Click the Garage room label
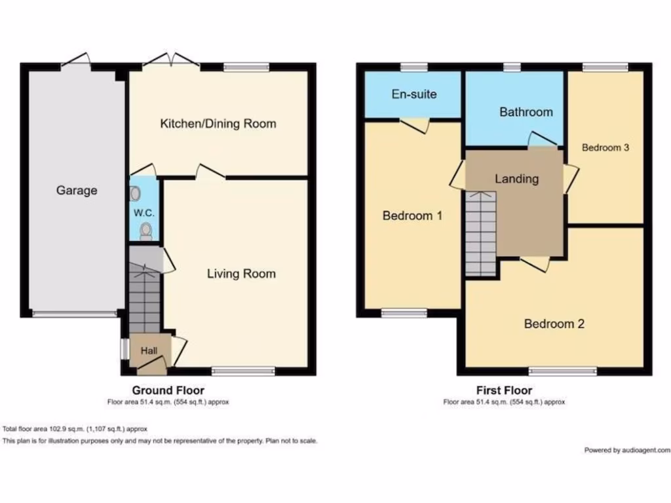click(x=77, y=191)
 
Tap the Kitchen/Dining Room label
click(x=218, y=124)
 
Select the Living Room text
click(x=241, y=274)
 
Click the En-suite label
click(x=414, y=94)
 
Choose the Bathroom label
click(x=526, y=112)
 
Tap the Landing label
click(x=516, y=179)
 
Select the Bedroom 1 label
click(x=413, y=215)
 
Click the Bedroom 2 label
click(x=554, y=324)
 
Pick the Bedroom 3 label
click(x=605, y=148)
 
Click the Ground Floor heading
click(x=168, y=391)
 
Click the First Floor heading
click(x=504, y=391)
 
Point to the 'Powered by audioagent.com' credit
click(x=626, y=450)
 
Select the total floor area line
click(x=75, y=429)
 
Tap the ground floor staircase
click(x=144, y=298)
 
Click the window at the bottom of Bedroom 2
click(x=563, y=371)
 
